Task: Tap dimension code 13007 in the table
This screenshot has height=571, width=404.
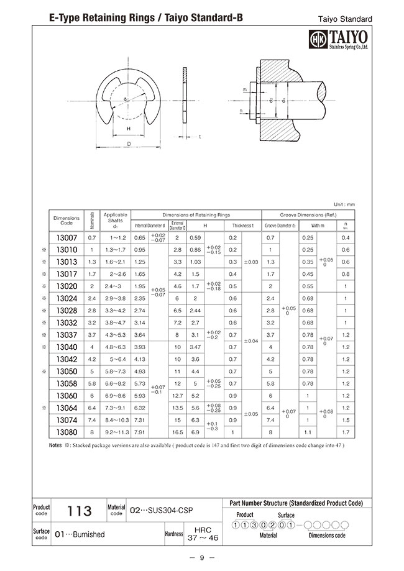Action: (x=67, y=238)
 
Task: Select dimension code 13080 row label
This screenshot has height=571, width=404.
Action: (x=67, y=432)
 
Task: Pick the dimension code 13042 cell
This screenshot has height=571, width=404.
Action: (x=67, y=359)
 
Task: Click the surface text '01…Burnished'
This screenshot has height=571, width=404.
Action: (x=81, y=534)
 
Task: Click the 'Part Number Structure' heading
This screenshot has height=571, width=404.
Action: (x=292, y=503)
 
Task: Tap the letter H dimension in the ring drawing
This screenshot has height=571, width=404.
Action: (x=128, y=129)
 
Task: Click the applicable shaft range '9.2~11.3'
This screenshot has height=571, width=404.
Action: (x=116, y=432)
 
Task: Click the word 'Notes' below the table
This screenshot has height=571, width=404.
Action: (x=55, y=445)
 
